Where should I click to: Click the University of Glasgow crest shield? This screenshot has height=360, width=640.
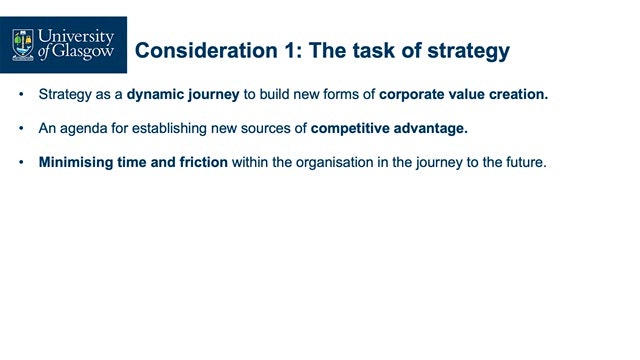(x=23, y=45)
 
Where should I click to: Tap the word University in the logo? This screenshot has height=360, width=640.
(x=76, y=36)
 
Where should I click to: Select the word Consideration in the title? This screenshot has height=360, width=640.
(x=207, y=51)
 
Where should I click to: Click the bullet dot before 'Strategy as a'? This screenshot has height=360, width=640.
(x=21, y=94)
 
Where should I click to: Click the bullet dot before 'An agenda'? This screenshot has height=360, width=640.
(x=21, y=128)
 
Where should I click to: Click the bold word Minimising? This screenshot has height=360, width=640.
(x=76, y=162)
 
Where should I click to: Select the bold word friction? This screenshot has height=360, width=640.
(x=204, y=162)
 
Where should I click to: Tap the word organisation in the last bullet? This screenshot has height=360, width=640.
(x=334, y=162)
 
